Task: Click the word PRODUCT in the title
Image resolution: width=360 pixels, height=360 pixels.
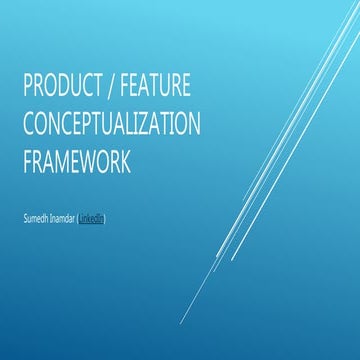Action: click(61, 89)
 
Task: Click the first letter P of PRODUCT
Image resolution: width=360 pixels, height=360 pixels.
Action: click(27, 89)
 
